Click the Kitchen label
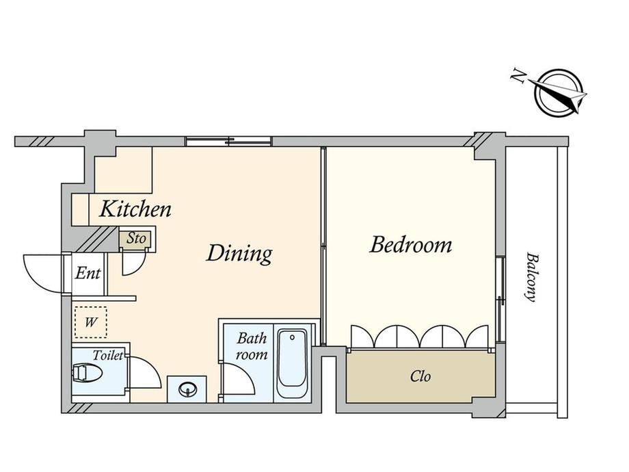135,209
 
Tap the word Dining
239,254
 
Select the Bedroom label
410,245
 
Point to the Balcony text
531,277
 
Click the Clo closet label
420,376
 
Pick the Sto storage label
136,239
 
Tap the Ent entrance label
88,274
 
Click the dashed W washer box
91,322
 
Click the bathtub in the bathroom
293,363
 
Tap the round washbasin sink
187,389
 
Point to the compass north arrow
558,93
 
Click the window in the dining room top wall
229,142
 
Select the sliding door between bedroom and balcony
500,299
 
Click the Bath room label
252,346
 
